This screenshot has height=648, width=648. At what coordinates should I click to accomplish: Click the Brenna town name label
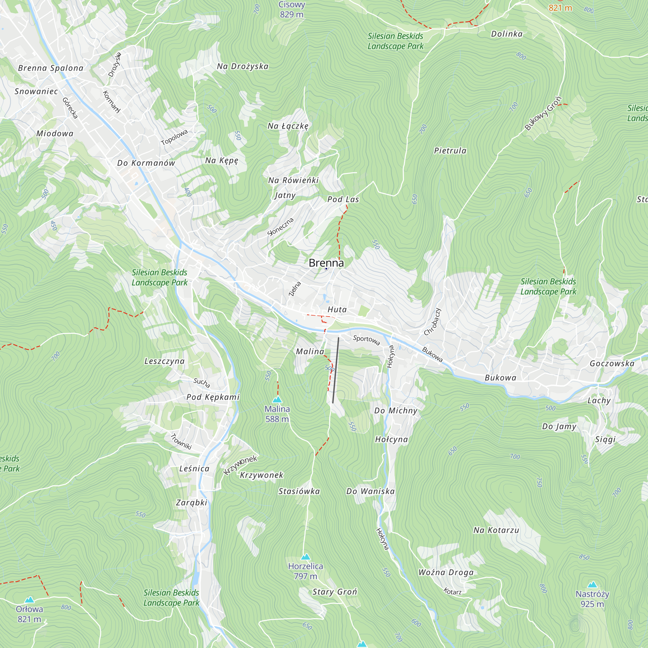pos(326,263)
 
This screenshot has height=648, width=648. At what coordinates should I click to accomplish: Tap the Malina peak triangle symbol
pos(277,399)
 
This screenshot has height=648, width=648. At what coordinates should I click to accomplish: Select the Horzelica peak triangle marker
pos(305,557)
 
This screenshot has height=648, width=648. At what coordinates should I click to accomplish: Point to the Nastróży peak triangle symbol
pos(592,585)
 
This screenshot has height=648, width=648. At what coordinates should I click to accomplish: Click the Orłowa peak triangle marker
pos(29,600)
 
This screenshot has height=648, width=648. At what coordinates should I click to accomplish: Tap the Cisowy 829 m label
pos(292,9)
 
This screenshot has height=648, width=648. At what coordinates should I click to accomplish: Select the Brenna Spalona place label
pos(51,68)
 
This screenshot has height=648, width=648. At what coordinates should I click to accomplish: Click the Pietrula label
pos(450,151)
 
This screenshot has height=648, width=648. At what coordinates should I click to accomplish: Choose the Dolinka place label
pos(506,34)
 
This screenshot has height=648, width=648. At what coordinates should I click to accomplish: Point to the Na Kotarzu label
pos(496,530)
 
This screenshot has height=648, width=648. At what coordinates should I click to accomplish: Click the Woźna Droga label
pos(446,573)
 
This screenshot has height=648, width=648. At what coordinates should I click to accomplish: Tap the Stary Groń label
pos(334,592)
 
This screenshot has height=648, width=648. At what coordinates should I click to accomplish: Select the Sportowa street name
pos(366,340)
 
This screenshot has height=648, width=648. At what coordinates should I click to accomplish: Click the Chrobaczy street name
pos(432,322)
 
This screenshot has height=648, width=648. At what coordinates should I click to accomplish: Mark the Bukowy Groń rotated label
pos(543,113)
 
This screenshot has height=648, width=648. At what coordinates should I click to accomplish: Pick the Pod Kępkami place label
pos(213,397)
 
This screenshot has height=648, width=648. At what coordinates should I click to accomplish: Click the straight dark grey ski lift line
pos(336,370)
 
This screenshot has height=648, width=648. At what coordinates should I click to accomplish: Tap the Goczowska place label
pos(612,364)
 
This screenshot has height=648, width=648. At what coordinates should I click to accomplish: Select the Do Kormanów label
pos(146,163)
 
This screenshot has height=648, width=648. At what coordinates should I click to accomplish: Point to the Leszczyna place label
pos(164,361)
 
